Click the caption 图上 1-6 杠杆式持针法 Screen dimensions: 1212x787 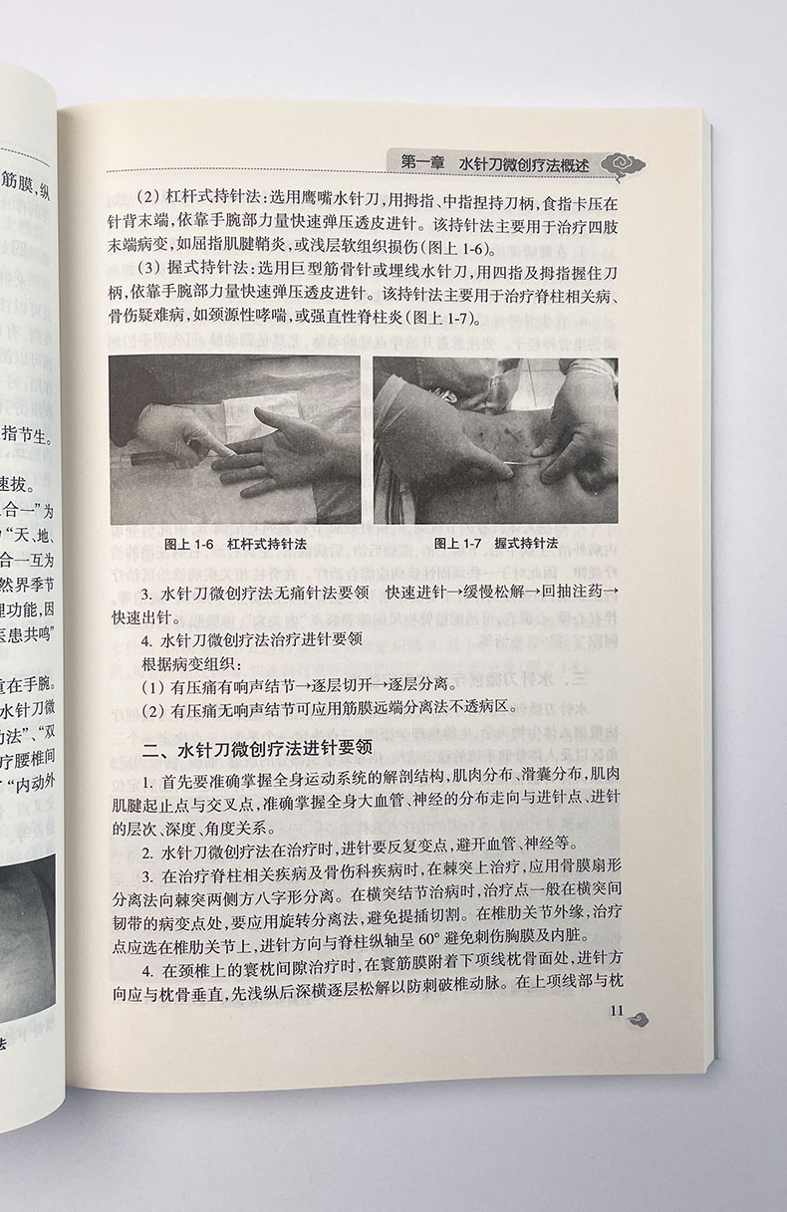point(234,544)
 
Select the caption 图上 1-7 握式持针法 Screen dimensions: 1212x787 point(495,544)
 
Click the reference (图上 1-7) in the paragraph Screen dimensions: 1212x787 point(441,320)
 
